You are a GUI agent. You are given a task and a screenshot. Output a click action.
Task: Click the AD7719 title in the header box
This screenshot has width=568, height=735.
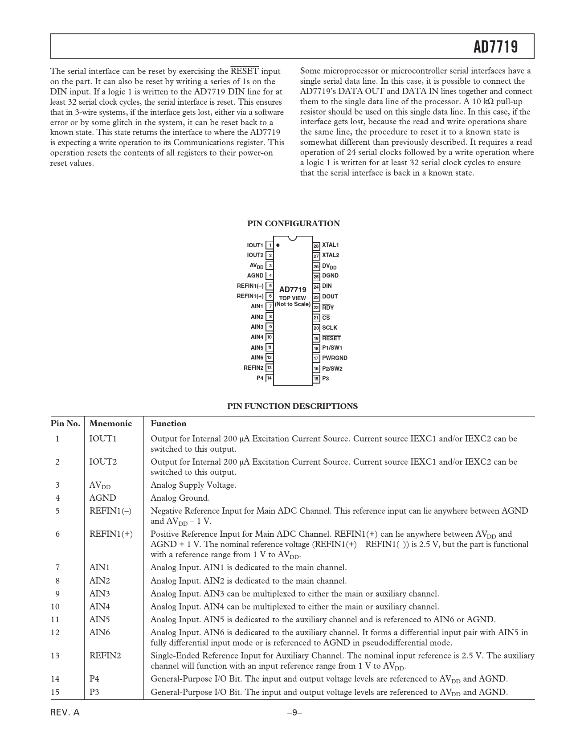tap(495, 47)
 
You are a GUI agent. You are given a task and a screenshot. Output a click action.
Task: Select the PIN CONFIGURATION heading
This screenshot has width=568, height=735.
tap(294, 224)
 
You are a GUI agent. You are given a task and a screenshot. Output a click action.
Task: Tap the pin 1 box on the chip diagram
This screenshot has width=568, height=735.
tap(270, 245)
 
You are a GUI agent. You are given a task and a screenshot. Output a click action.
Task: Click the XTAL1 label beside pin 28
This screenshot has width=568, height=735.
tap(331, 245)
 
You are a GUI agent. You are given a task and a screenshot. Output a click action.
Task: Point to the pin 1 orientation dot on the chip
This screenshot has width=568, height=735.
tap(278, 245)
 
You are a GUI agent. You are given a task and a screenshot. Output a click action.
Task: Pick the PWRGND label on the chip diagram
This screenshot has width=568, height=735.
tap(335, 358)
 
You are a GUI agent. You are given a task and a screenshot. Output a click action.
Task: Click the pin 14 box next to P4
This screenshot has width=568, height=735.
tap(270, 378)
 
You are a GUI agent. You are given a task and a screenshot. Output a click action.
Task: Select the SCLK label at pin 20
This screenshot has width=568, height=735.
tap(330, 327)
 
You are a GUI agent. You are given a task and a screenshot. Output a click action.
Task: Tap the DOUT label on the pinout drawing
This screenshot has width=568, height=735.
tap(330, 297)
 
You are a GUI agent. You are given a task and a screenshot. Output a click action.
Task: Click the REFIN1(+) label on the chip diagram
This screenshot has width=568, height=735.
tap(250, 296)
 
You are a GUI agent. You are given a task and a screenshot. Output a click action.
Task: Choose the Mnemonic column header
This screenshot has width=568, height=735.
tap(110, 424)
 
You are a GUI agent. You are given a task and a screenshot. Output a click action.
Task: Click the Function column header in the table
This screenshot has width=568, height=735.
tap(168, 424)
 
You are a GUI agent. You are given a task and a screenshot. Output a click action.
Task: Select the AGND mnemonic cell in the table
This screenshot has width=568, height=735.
tap(102, 498)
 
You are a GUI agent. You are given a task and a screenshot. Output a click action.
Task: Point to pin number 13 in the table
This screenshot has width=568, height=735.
tap(55, 656)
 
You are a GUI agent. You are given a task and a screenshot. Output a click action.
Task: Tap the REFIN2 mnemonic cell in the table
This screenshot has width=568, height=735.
tap(105, 656)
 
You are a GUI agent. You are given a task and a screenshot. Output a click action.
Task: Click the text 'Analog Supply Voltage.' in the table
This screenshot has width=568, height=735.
tap(193, 485)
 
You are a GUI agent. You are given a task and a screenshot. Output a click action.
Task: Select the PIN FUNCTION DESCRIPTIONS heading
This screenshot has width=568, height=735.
tap(292, 406)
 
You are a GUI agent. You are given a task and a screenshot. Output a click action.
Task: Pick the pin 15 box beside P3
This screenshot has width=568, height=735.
tap(316, 379)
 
